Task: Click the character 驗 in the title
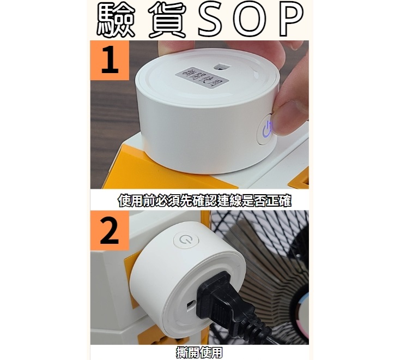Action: click(x=115, y=20)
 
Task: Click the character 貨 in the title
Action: click(x=168, y=20)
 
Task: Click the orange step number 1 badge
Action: click(x=110, y=60)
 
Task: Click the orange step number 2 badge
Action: click(x=110, y=230)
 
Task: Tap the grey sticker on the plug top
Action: click(x=202, y=78)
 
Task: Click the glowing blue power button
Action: click(x=266, y=129)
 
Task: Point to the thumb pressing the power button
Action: click(x=291, y=117)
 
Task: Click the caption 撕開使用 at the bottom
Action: click(x=199, y=352)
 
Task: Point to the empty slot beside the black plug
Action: click(x=191, y=305)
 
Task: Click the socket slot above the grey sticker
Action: click(x=221, y=67)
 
